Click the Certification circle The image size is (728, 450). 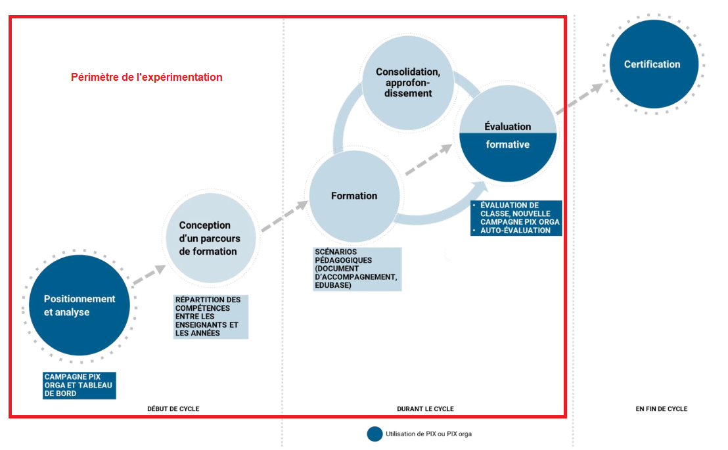(653, 64)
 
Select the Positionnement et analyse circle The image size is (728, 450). (80, 305)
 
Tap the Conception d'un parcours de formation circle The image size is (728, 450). (209, 238)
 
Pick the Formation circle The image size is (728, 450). (354, 196)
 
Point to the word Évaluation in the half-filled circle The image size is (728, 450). (507, 126)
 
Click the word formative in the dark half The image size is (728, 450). (507, 145)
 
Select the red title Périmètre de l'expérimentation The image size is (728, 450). (147, 77)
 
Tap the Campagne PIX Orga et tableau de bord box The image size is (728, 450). (79, 385)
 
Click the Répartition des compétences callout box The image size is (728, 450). (211, 316)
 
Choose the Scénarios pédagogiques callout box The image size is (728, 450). (357, 269)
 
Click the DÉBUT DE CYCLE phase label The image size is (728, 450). (173, 409)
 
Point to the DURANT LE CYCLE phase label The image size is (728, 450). (425, 409)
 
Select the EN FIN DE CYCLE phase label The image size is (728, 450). (661, 409)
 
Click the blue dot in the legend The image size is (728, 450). (375, 434)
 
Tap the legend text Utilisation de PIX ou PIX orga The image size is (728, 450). (428, 434)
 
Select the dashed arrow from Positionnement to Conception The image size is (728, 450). (148, 277)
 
